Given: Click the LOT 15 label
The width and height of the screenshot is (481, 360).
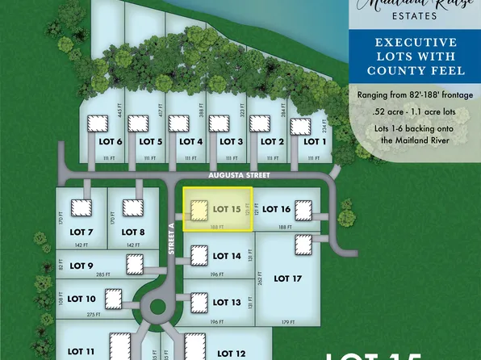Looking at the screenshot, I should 227,209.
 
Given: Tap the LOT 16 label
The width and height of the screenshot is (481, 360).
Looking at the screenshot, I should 276,210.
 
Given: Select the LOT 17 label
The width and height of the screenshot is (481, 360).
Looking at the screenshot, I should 287,278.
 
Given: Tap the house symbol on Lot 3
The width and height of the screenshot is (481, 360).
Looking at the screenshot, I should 219,123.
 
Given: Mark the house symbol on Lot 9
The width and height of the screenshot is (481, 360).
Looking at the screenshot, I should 132,264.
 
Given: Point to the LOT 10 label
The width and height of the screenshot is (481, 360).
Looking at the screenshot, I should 80,299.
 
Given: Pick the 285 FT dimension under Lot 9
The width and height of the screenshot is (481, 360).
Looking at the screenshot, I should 102,275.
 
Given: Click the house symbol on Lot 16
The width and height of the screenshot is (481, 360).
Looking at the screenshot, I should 303,211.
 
